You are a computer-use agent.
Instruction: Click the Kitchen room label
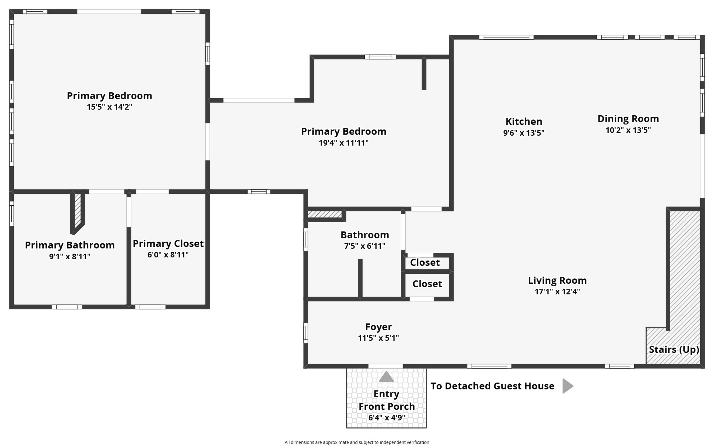tap(524, 122)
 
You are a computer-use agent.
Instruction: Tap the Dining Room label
tap(628, 119)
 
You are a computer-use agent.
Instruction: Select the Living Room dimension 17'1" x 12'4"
tap(557, 292)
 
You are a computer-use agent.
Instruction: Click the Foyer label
tap(378, 327)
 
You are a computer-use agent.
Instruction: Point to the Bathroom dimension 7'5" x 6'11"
tap(365, 246)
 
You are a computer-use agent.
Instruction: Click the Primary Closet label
tap(168, 244)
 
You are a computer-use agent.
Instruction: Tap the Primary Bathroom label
tap(70, 245)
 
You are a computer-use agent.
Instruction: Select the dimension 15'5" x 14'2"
tap(109, 107)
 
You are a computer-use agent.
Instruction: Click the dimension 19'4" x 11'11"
tap(344, 143)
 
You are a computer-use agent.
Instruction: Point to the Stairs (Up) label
tap(674, 350)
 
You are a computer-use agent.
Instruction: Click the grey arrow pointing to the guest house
tap(567, 386)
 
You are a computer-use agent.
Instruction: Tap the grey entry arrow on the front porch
tap(386, 376)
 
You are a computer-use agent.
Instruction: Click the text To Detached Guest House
tap(492, 386)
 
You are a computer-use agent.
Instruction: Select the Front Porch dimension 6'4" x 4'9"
tap(387, 417)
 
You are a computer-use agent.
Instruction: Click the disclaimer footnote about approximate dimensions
tap(357, 442)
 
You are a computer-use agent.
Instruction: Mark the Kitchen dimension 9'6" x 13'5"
tap(524, 133)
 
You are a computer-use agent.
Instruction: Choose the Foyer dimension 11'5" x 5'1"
tap(378, 338)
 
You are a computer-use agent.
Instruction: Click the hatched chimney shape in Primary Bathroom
tap(77, 213)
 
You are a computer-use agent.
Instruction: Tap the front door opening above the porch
tap(385, 366)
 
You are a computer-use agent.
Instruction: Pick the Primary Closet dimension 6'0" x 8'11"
tap(168, 255)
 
